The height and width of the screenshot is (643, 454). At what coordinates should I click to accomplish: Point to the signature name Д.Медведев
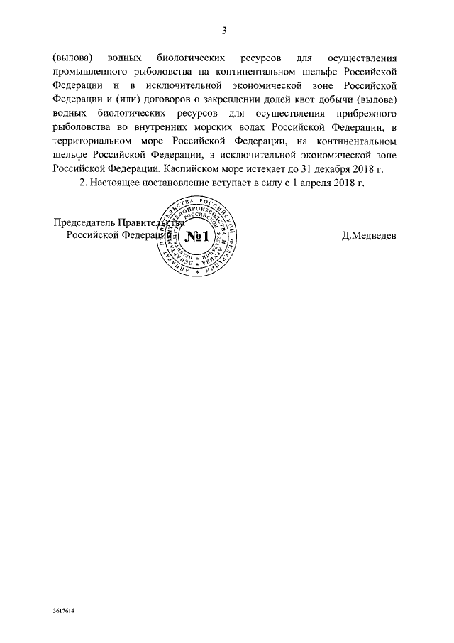(369, 236)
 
